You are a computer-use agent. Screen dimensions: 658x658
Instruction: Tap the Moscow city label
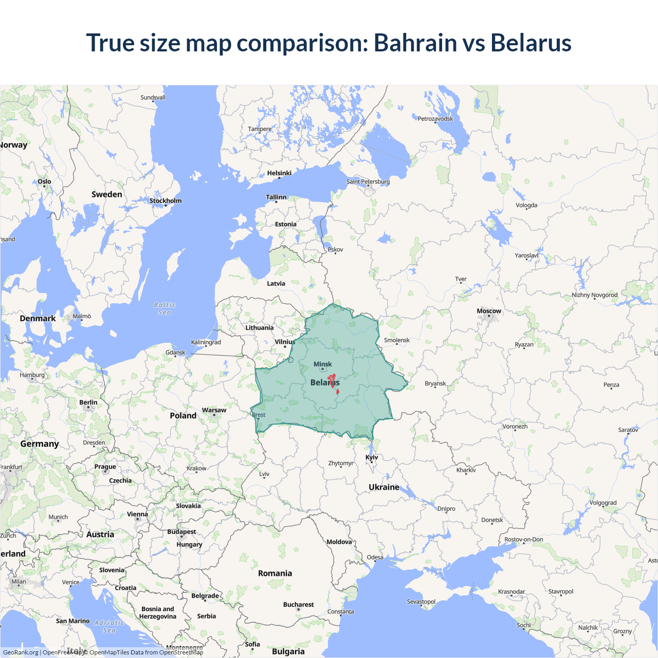pyautogui.click(x=488, y=311)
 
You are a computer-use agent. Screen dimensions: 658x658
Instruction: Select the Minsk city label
pyautogui.click(x=322, y=364)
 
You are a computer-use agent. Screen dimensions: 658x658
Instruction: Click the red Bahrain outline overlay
pyautogui.click(x=332, y=381)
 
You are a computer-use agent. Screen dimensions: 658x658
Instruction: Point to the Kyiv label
pyautogui.click(x=372, y=457)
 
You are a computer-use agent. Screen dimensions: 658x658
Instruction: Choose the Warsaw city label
pyautogui.click(x=214, y=410)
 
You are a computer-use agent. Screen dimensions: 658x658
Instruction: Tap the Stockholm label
pyautogui.click(x=166, y=200)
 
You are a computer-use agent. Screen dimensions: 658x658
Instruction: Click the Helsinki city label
pyautogui.click(x=279, y=173)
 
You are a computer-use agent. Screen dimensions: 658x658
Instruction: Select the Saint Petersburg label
pyautogui.click(x=368, y=181)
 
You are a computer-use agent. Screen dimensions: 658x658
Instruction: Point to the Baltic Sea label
pyautogui.click(x=164, y=308)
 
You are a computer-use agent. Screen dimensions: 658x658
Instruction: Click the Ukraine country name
pyautogui.click(x=383, y=487)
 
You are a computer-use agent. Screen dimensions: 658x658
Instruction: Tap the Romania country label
pyautogui.click(x=275, y=573)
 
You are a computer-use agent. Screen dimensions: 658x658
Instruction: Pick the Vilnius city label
pyautogui.click(x=285, y=342)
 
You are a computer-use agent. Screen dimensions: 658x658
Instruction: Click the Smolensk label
pyautogui.click(x=397, y=340)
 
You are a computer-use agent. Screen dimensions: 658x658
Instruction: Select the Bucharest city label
pyautogui.click(x=298, y=605)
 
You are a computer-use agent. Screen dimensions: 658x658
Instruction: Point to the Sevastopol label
pyautogui.click(x=421, y=601)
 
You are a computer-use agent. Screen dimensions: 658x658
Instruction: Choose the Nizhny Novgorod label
pyautogui.click(x=595, y=295)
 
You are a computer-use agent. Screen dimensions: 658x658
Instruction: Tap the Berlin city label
pyautogui.click(x=88, y=403)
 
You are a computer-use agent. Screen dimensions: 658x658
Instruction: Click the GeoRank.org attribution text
pyautogui.click(x=21, y=652)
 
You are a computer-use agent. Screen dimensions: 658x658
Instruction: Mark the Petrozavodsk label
pyautogui.click(x=435, y=119)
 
